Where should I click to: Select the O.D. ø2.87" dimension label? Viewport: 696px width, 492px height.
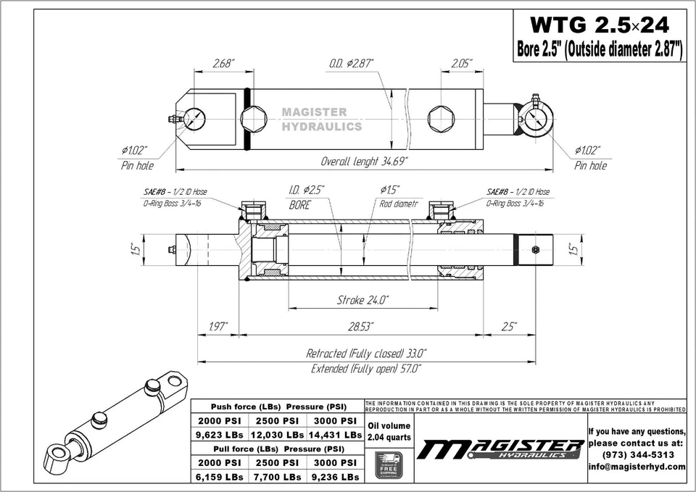click(352, 64)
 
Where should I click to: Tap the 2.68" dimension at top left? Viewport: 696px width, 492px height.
click(223, 64)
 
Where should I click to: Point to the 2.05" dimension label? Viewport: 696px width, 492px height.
click(462, 64)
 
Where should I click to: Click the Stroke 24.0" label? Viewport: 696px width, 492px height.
click(362, 299)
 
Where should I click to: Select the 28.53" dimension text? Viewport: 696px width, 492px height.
click(360, 327)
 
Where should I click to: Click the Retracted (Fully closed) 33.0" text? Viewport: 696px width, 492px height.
click(366, 354)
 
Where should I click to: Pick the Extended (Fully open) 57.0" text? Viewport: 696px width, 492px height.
click(366, 369)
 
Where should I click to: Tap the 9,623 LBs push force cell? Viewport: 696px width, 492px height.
click(220, 435)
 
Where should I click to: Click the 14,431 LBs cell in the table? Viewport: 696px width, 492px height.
click(335, 435)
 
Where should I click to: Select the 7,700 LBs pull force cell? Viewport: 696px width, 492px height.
click(276, 477)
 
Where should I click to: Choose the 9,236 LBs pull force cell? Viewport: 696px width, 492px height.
click(334, 477)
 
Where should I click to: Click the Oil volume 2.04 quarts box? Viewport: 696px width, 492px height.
click(389, 431)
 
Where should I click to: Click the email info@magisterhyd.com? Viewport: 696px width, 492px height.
click(637, 467)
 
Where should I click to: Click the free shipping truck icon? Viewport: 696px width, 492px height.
click(389, 464)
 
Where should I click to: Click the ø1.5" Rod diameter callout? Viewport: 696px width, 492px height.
click(397, 196)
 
